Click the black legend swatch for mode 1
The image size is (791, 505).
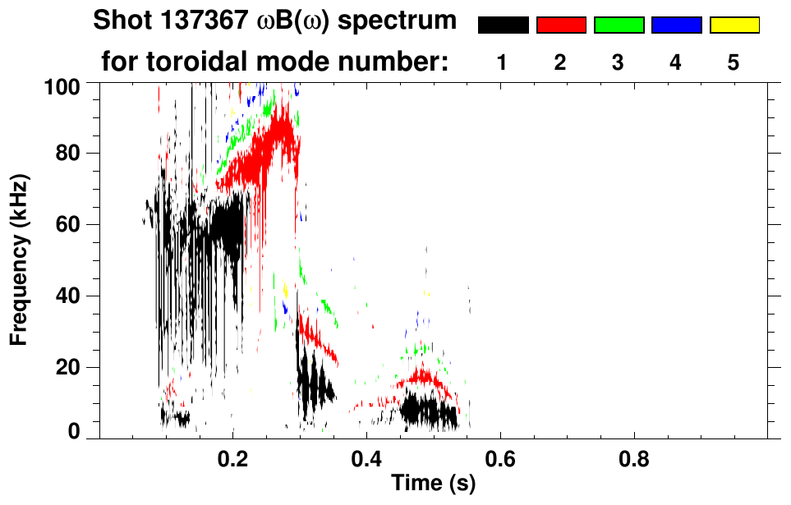pyautogui.click(x=503, y=25)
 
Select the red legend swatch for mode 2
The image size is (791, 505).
pyautogui.click(x=561, y=25)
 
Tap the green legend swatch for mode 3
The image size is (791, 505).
pyautogui.click(x=619, y=25)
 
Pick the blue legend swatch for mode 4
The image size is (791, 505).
pyautogui.click(x=676, y=25)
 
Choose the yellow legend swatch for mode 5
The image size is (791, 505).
pyautogui.click(x=734, y=25)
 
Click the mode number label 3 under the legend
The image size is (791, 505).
pyautogui.click(x=618, y=63)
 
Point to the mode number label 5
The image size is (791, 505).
pyautogui.click(x=733, y=63)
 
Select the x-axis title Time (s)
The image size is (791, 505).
pyautogui.click(x=432, y=484)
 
